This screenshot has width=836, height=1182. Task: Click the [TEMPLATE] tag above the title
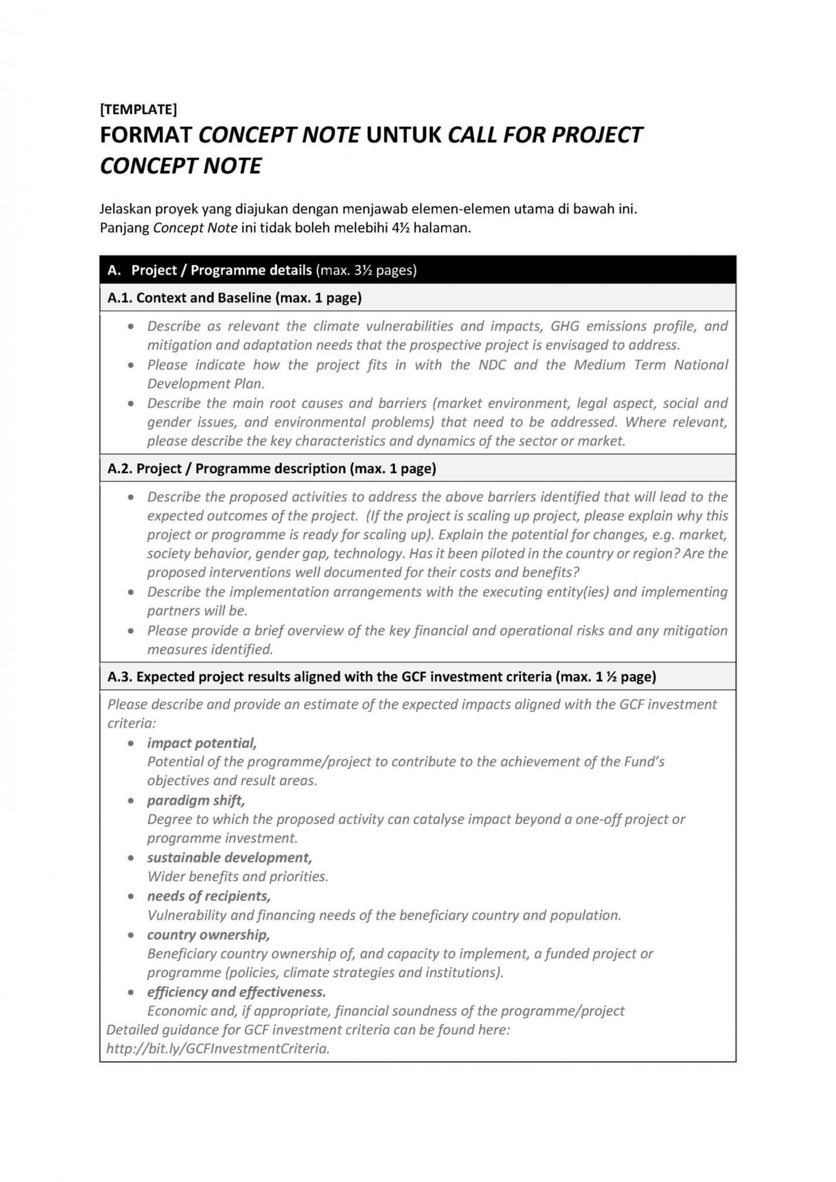coord(138,109)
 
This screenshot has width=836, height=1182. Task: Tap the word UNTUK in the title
coord(404,135)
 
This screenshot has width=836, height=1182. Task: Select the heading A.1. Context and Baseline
coord(234,298)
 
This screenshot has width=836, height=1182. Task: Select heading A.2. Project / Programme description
coord(271,468)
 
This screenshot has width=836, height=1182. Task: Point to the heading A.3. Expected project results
coord(381,676)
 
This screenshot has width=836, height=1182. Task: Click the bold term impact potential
coord(201,743)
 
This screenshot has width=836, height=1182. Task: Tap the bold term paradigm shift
coord(196,800)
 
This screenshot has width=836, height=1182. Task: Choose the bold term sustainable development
coord(229,857)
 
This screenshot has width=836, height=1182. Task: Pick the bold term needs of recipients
coord(208,896)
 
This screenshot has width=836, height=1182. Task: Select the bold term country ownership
coord(208,934)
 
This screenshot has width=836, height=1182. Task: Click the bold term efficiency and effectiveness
coord(236,992)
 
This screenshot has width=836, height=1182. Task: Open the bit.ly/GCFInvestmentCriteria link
coord(218,1048)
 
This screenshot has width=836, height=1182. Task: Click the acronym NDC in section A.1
coord(492,365)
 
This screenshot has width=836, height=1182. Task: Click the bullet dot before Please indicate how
coord(132,365)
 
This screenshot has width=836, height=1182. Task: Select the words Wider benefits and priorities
coord(237,876)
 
